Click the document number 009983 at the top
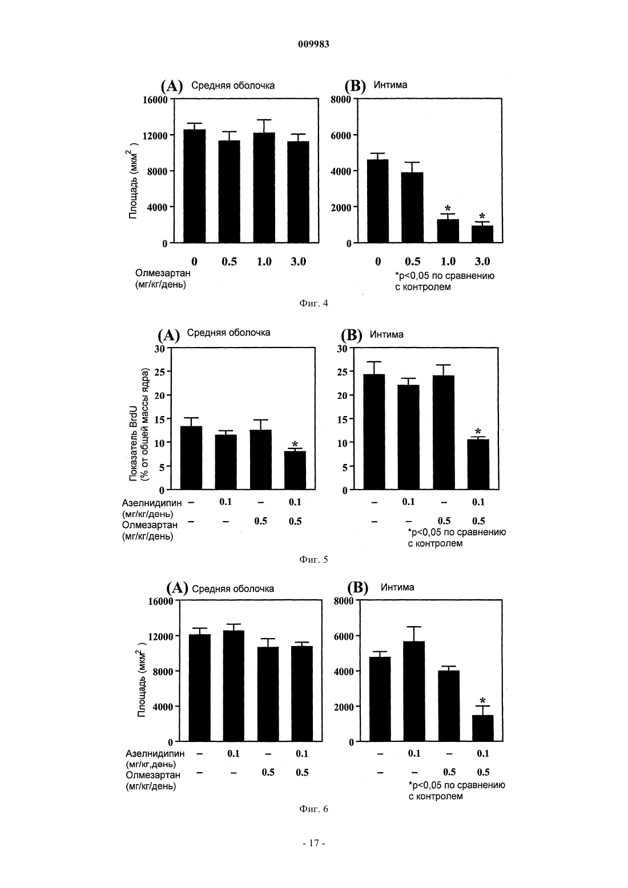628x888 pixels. click(x=313, y=45)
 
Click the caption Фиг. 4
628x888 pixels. click(x=313, y=303)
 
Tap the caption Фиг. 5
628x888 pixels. click(x=313, y=559)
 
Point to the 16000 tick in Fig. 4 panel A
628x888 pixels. click(x=155, y=99)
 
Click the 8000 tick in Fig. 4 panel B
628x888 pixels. click(x=341, y=99)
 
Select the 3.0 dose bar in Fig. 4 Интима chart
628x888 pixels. click(x=482, y=234)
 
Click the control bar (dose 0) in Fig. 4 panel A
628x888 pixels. click(x=194, y=186)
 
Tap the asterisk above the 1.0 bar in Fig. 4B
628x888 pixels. click(x=448, y=208)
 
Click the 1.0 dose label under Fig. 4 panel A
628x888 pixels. click(x=264, y=261)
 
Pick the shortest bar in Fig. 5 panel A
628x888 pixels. click(x=295, y=470)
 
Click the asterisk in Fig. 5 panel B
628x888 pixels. click(x=478, y=431)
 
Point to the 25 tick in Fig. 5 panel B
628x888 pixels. click(x=342, y=372)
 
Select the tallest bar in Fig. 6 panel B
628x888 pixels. click(x=414, y=691)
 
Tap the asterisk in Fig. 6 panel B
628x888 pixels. click(x=482, y=701)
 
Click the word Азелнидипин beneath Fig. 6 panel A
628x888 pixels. click(x=155, y=753)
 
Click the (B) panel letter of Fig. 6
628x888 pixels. click(x=357, y=587)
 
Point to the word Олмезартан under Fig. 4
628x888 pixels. click(x=163, y=273)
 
